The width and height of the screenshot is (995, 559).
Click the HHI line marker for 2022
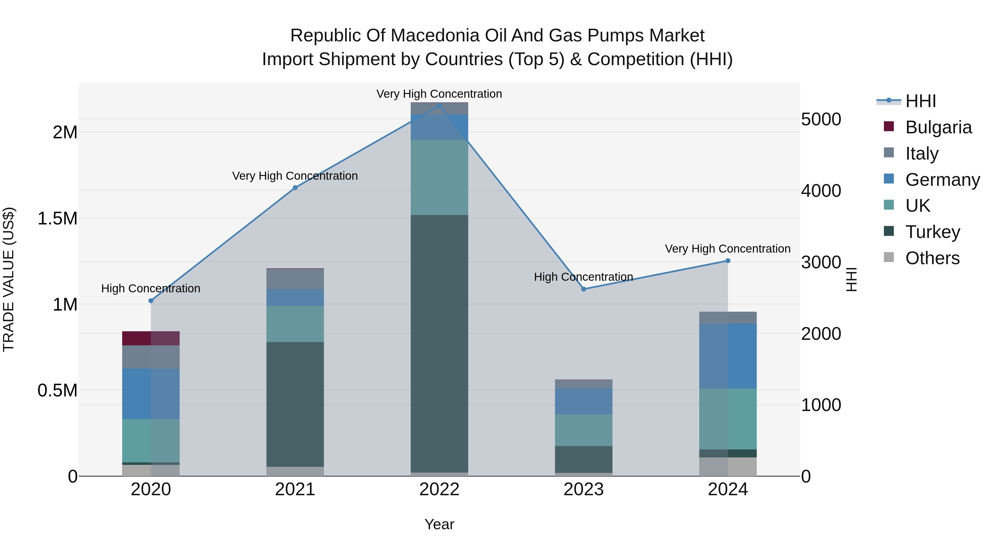439,105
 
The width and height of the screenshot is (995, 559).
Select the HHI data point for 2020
151,301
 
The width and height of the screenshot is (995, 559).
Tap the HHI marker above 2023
584,289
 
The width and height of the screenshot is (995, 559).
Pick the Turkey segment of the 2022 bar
439,343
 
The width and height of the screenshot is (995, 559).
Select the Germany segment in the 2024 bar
728,356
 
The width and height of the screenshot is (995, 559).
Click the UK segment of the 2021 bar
295,324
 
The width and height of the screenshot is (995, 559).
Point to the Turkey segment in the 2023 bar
584,459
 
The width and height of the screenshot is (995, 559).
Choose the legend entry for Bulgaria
938,127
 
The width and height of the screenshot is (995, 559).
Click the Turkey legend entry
933,232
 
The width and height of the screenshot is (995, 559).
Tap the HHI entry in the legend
920,101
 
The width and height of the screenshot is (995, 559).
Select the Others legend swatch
889,257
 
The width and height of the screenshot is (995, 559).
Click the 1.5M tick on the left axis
57,218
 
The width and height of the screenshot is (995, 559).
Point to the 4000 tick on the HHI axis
821,190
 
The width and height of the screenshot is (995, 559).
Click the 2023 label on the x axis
584,489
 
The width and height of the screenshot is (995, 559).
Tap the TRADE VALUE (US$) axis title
9,279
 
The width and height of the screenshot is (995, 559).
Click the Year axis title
439,524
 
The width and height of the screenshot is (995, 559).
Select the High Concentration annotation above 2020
151,288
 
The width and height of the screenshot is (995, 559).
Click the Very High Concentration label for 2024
727,249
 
